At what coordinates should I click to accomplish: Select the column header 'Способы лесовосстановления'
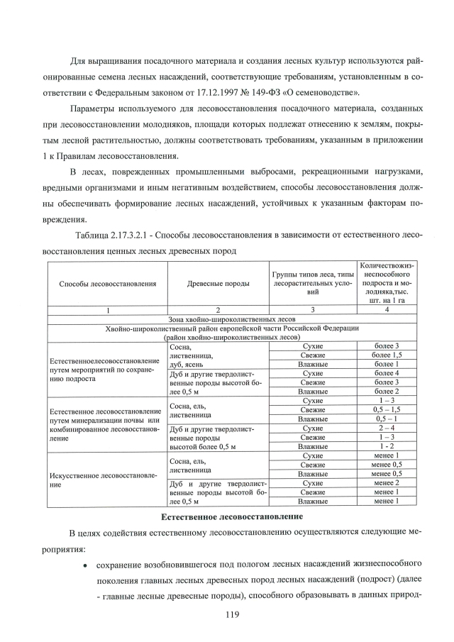click(108, 284)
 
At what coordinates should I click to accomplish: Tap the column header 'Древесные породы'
click(218, 284)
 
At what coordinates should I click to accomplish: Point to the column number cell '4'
click(387, 310)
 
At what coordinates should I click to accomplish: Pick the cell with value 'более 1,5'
click(387, 355)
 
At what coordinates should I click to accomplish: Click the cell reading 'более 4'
click(387, 373)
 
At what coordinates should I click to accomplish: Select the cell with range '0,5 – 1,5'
click(387, 410)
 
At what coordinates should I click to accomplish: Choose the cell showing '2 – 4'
click(387, 428)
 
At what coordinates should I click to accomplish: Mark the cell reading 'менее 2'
click(387, 483)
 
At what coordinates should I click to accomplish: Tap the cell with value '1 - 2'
click(387, 447)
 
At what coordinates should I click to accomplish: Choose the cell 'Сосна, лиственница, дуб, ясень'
click(194, 355)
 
